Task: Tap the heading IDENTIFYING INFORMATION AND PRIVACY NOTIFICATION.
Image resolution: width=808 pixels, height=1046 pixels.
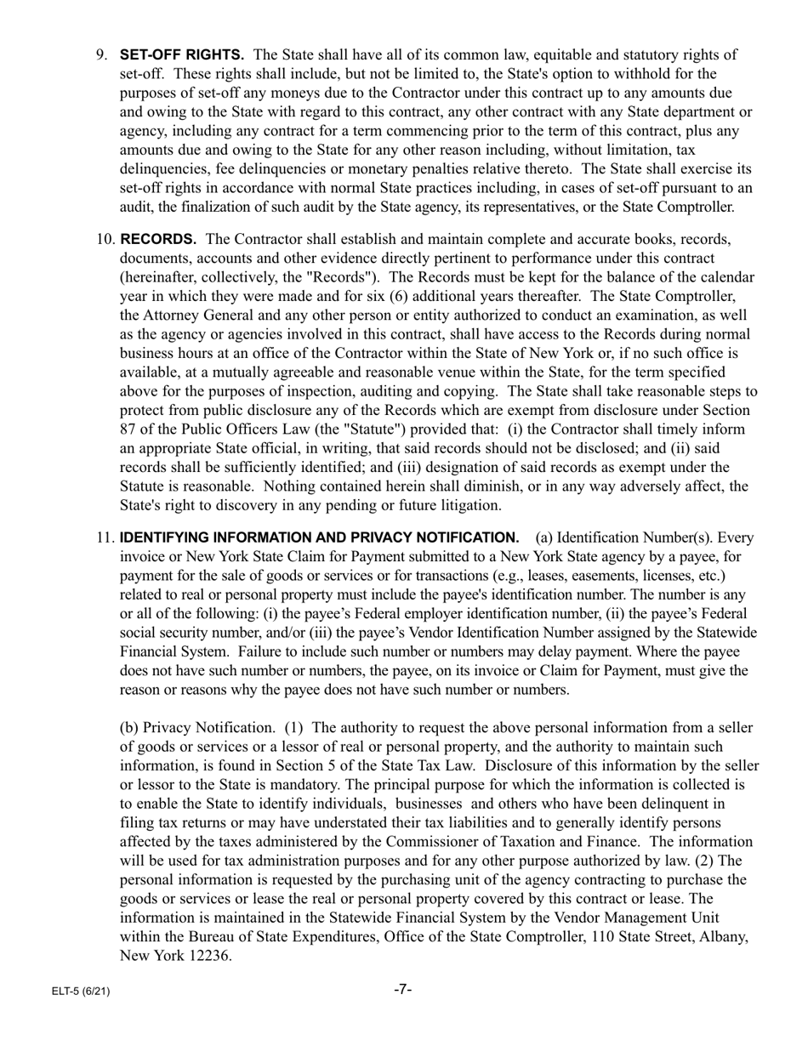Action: point(319,537)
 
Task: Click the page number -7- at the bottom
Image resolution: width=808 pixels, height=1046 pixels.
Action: point(403,989)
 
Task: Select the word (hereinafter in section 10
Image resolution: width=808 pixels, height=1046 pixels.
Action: point(158,277)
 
